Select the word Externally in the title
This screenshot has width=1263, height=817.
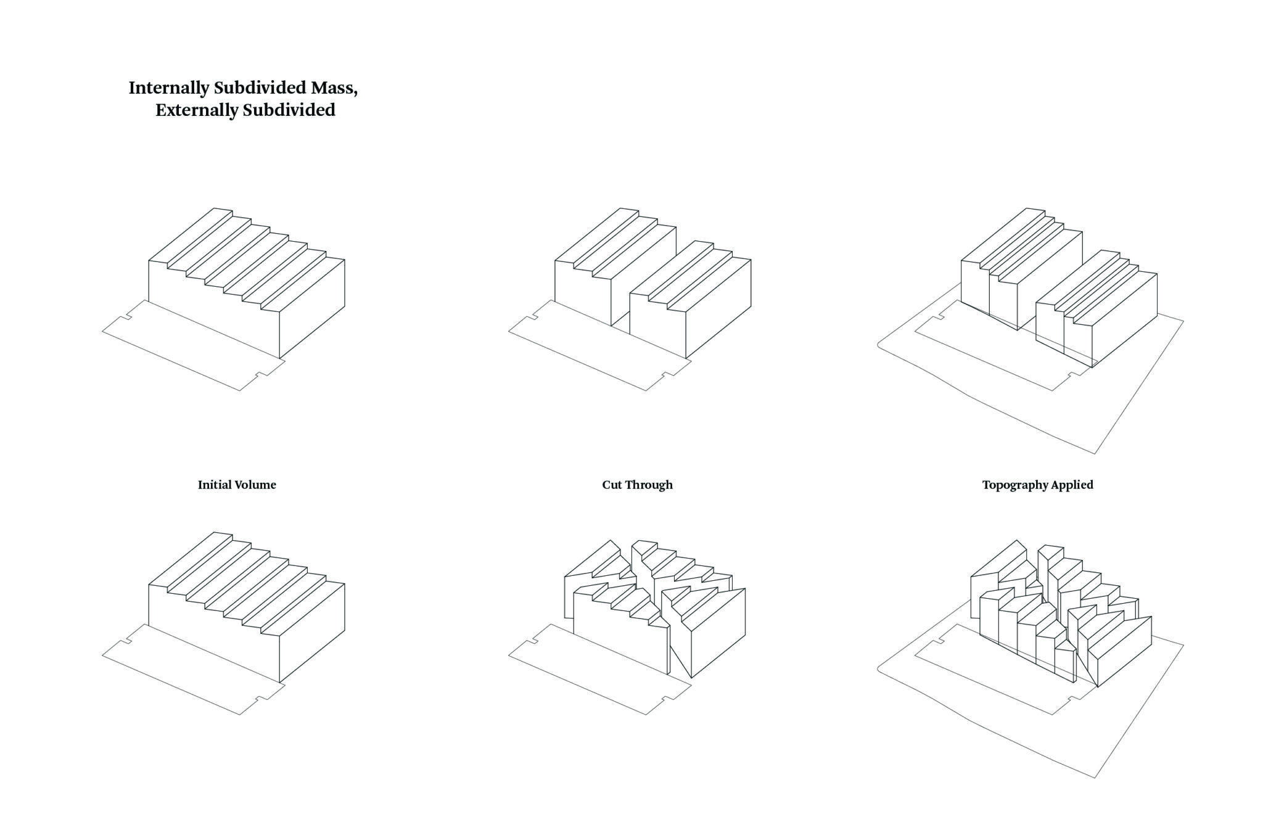click(x=197, y=110)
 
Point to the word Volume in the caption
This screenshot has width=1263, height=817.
click(x=255, y=485)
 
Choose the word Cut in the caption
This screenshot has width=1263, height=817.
click(x=612, y=485)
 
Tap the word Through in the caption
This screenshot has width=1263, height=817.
click(x=649, y=485)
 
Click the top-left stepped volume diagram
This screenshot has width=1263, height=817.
click(x=247, y=283)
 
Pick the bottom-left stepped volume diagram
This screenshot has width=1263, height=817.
click(x=247, y=607)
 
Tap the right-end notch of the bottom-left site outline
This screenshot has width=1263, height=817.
click(x=262, y=697)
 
